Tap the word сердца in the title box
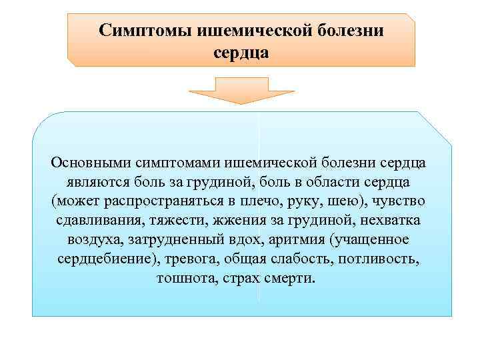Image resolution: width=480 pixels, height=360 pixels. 242,51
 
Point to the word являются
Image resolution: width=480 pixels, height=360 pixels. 95,182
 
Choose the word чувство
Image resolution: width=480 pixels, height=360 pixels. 401,201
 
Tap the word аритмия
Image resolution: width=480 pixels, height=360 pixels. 297,239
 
